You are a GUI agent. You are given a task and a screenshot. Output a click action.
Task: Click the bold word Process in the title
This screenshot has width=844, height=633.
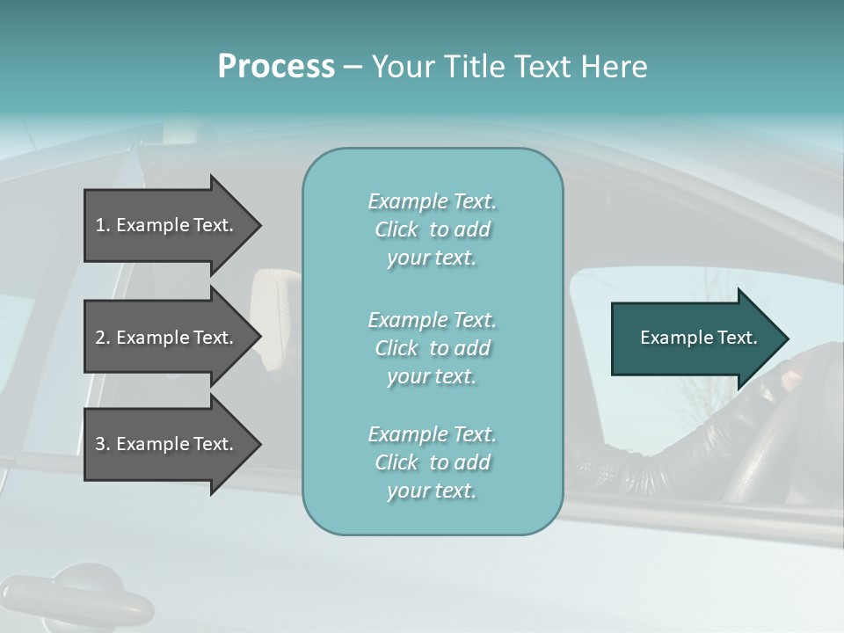click(276, 67)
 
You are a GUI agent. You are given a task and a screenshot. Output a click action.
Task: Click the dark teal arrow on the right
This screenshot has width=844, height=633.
click(695, 338)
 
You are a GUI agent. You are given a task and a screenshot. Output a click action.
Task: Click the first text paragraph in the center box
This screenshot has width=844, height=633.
click(432, 229)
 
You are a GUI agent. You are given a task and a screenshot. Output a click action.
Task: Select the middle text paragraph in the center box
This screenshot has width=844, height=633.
click(432, 348)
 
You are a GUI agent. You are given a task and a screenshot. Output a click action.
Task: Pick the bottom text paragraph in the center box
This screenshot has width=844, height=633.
click(432, 462)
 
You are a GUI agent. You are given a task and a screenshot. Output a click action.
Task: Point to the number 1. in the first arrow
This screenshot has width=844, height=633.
click(103, 225)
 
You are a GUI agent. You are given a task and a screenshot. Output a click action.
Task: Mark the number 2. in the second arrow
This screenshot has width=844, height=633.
click(103, 338)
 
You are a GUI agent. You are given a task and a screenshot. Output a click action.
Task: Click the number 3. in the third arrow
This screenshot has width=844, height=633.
click(103, 444)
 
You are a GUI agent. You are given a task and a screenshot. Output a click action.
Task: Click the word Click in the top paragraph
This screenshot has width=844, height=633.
click(397, 229)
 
